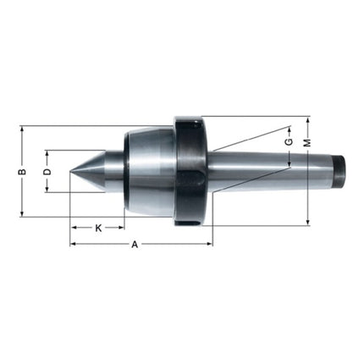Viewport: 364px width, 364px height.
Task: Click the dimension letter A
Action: [x=135, y=244]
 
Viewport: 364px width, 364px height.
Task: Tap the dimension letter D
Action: [x=47, y=172]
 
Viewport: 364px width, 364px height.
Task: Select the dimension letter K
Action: [x=98, y=228]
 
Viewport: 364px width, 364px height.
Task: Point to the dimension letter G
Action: [x=288, y=142]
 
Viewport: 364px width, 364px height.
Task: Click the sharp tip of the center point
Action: [x=71, y=172]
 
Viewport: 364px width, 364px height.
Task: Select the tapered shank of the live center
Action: [x=271, y=170]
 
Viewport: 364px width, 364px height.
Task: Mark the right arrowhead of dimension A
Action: [x=209, y=244]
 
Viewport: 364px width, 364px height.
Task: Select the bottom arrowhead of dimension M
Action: [x=307, y=223]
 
